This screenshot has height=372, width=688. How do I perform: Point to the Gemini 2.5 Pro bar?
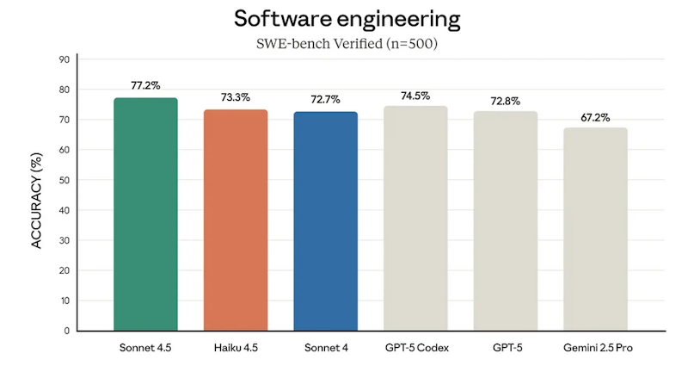(x=595, y=228)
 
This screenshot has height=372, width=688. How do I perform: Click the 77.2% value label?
(x=145, y=86)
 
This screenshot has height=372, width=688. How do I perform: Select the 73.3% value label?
(x=235, y=97)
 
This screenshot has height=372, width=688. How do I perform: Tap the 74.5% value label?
(x=415, y=95)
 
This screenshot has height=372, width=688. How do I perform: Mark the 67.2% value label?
(x=595, y=116)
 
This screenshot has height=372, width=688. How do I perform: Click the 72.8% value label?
(x=505, y=99)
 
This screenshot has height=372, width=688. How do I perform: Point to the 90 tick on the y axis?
(x=64, y=59)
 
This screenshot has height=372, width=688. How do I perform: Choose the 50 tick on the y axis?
(x=64, y=180)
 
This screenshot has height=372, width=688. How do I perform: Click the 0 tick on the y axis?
(x=66, y=331)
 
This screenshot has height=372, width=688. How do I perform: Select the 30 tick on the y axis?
(x=64, y=240)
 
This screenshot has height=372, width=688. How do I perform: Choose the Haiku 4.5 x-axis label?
(x=235, y=348)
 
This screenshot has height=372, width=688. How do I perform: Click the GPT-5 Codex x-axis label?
(x=415, y=348)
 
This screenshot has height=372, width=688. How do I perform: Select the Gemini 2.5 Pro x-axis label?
(x=595, y=348)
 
